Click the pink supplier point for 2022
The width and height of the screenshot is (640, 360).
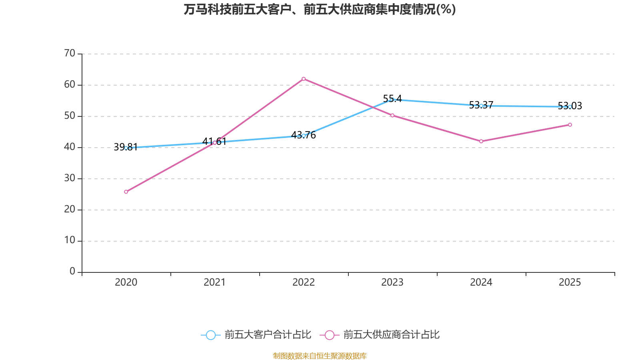(x=304, y=79)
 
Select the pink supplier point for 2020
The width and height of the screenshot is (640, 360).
(x=126, y=192)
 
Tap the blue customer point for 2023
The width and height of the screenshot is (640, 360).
(x=392, y=100)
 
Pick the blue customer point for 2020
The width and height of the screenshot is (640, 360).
(x=126, y=148)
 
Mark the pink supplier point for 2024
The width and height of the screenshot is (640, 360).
(x=481, y=141)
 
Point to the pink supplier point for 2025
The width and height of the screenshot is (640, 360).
(x=570, y=125)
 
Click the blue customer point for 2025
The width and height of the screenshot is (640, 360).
(x=570, y=107)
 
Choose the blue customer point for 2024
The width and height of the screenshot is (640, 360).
(x=481, y=106)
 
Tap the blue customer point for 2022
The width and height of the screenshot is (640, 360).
(x=304, y=136)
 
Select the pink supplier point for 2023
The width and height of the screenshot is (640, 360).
(x=392, y=116)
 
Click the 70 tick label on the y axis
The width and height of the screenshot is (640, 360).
(x=70, y=53)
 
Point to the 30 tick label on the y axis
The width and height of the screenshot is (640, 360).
(x=70, y=178)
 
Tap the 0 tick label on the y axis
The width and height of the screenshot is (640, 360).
(x=72, y=272)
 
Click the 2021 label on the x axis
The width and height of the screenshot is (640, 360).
(x=215, y=282)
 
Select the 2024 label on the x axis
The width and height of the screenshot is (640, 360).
(x=481, y=282)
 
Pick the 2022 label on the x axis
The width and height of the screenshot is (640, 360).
(x=304, y=282)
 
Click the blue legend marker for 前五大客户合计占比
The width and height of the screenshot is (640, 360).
(x=211, y=335)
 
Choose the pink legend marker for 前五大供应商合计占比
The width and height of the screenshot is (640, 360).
(x=329, y=335)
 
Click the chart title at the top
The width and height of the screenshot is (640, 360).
(x=320, y=9)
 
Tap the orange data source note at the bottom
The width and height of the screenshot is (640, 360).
(x=320, y=356)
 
